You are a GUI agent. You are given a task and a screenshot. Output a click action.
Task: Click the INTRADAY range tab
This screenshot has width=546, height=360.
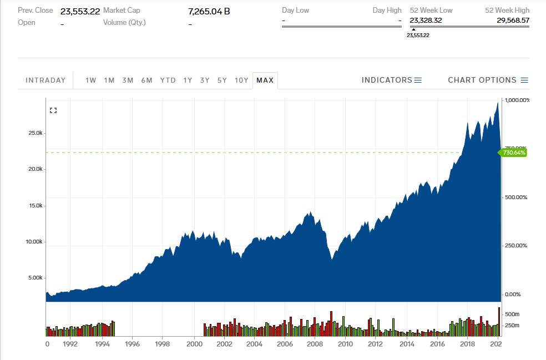point(46,80)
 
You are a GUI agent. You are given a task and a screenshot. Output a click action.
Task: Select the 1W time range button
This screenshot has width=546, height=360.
point(91,80)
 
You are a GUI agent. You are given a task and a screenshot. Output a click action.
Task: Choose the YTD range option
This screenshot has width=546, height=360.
point(168,80)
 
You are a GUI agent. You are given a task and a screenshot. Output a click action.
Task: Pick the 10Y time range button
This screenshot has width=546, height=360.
point(241,80)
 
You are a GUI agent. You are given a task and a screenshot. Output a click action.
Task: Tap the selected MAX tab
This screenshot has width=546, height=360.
point(265,80)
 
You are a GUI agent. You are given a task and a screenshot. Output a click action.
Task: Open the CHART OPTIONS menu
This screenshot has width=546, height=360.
point(488,80)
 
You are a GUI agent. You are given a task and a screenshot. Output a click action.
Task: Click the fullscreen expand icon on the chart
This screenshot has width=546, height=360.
point(53,110)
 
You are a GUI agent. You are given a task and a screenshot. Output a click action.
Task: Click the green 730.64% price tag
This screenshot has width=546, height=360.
point(514,152)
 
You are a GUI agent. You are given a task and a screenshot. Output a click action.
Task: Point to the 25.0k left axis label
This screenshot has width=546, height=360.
point(36,133)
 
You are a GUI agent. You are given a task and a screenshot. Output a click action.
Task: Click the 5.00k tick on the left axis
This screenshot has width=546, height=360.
point(36,278)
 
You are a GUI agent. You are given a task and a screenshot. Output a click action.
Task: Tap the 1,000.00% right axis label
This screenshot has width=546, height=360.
point(517,100)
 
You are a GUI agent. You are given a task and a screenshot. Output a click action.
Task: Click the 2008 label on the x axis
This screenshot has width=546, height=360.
point(315,344)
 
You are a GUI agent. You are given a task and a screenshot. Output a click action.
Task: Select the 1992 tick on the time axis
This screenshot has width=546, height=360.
point(70,344)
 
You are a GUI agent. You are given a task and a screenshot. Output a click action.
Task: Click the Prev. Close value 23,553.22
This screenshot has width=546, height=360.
point(80,11)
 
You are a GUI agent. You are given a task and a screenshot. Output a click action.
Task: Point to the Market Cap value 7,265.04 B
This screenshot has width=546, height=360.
point(209,11)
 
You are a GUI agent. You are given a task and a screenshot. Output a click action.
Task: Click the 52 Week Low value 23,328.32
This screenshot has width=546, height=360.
point(426,20)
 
